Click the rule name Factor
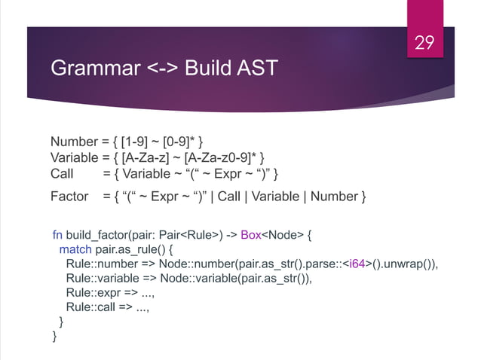click(69, 197)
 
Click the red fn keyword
click(57, 235)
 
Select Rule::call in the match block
click(89, 307)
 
